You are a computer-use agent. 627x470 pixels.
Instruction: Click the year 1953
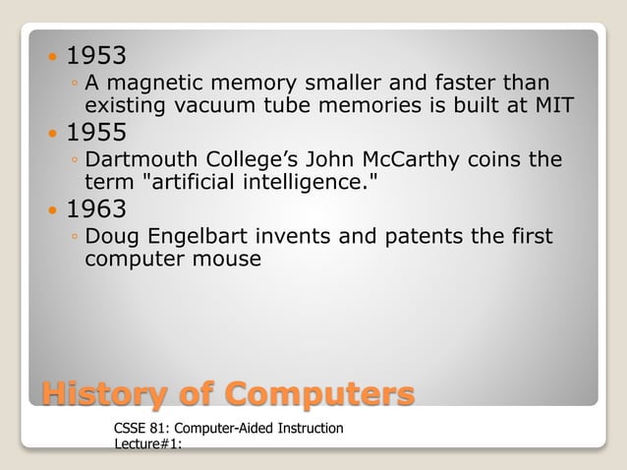coord(96,55)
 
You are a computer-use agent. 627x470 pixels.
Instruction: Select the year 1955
coord(96,133)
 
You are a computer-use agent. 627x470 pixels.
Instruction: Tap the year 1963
coord(96,209)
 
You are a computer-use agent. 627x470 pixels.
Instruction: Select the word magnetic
coord(158,84)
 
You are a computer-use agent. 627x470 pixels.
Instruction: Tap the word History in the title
coord(98,394)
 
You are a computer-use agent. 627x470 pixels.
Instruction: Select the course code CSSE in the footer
coord(131,429)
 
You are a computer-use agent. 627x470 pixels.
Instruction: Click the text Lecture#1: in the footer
coord(144,445)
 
